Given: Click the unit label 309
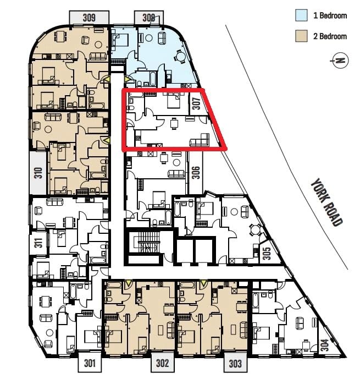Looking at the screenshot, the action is (x=89, y=18).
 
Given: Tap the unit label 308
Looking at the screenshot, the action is (x=149, y=18).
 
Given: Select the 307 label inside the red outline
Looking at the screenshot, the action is (x=197, y=103).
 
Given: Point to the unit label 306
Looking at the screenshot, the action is (x=196, y=173).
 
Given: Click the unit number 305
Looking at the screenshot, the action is (x=268, y=253).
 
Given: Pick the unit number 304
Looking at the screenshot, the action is (x=325, y=345).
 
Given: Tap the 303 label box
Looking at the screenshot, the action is (x=235, y=363).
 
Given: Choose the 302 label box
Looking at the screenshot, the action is (x=163, y=363).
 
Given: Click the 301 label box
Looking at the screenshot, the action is (x=90, y=363).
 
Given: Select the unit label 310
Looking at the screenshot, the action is (x=38, y=173).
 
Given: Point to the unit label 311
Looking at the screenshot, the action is (x=39, y=243).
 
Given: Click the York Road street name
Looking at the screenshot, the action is (x=326, y=202).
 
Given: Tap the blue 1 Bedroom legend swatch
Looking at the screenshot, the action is (x=301, y=15).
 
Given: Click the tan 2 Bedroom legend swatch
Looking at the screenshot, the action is (x=301, y=36).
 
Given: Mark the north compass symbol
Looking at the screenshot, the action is (x=340, y=61).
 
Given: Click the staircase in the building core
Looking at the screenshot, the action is (x=148, y=243).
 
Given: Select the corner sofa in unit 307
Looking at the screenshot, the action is (x=200, y=140).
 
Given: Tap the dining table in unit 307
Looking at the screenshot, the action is (x=174, y=124).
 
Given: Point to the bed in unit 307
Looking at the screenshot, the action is (x=174, y=101).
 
